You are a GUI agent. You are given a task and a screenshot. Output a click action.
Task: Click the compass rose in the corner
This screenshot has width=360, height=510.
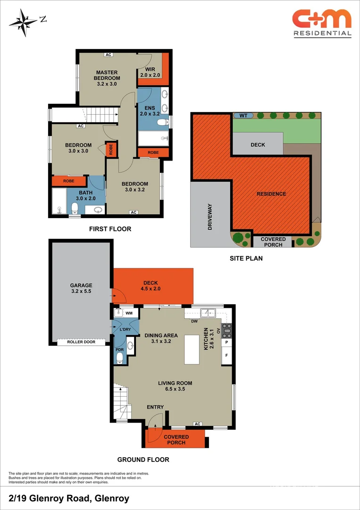(24, 21)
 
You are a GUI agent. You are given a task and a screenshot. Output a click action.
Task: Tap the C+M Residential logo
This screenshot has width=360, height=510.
(322, 23)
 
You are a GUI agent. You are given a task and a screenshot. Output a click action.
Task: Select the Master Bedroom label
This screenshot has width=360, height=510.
(107, 78)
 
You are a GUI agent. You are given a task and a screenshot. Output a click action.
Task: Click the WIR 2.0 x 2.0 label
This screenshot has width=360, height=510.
(150, 72)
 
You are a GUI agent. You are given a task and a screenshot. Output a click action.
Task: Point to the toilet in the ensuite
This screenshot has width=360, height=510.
(161, 123)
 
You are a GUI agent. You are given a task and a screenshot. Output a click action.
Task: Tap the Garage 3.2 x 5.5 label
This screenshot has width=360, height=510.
(81, 289)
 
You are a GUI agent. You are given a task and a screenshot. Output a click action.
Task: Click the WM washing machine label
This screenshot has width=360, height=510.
(129, 313)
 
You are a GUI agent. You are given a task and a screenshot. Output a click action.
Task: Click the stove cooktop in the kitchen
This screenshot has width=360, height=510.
(226, 329)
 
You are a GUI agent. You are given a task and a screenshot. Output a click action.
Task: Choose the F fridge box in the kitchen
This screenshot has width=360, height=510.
(226, 355)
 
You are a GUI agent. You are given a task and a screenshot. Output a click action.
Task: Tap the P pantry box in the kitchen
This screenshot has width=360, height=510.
(226, 342)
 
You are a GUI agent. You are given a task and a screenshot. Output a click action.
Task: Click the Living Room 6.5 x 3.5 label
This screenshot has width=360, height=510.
(175, 386)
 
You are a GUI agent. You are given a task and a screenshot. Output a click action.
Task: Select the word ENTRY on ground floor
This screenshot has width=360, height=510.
(155, 407)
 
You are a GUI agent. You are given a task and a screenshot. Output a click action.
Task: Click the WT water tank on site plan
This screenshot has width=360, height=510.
(243, 115)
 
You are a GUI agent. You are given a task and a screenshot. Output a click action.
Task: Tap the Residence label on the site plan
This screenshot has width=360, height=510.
(271, 194)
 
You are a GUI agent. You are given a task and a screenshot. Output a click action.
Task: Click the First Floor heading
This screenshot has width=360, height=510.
(110, 229)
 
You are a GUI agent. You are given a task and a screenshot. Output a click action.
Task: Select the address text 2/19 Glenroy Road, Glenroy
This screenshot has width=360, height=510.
(69, 498)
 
